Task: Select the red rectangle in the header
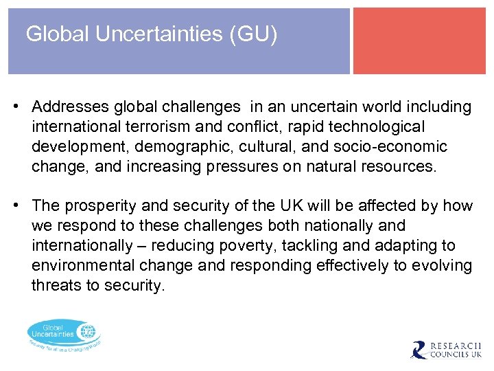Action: pos(419,41)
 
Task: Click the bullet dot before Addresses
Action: pos(14,107)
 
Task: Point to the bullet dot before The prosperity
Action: pos(14,206)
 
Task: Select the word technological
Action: pos(368,127)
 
